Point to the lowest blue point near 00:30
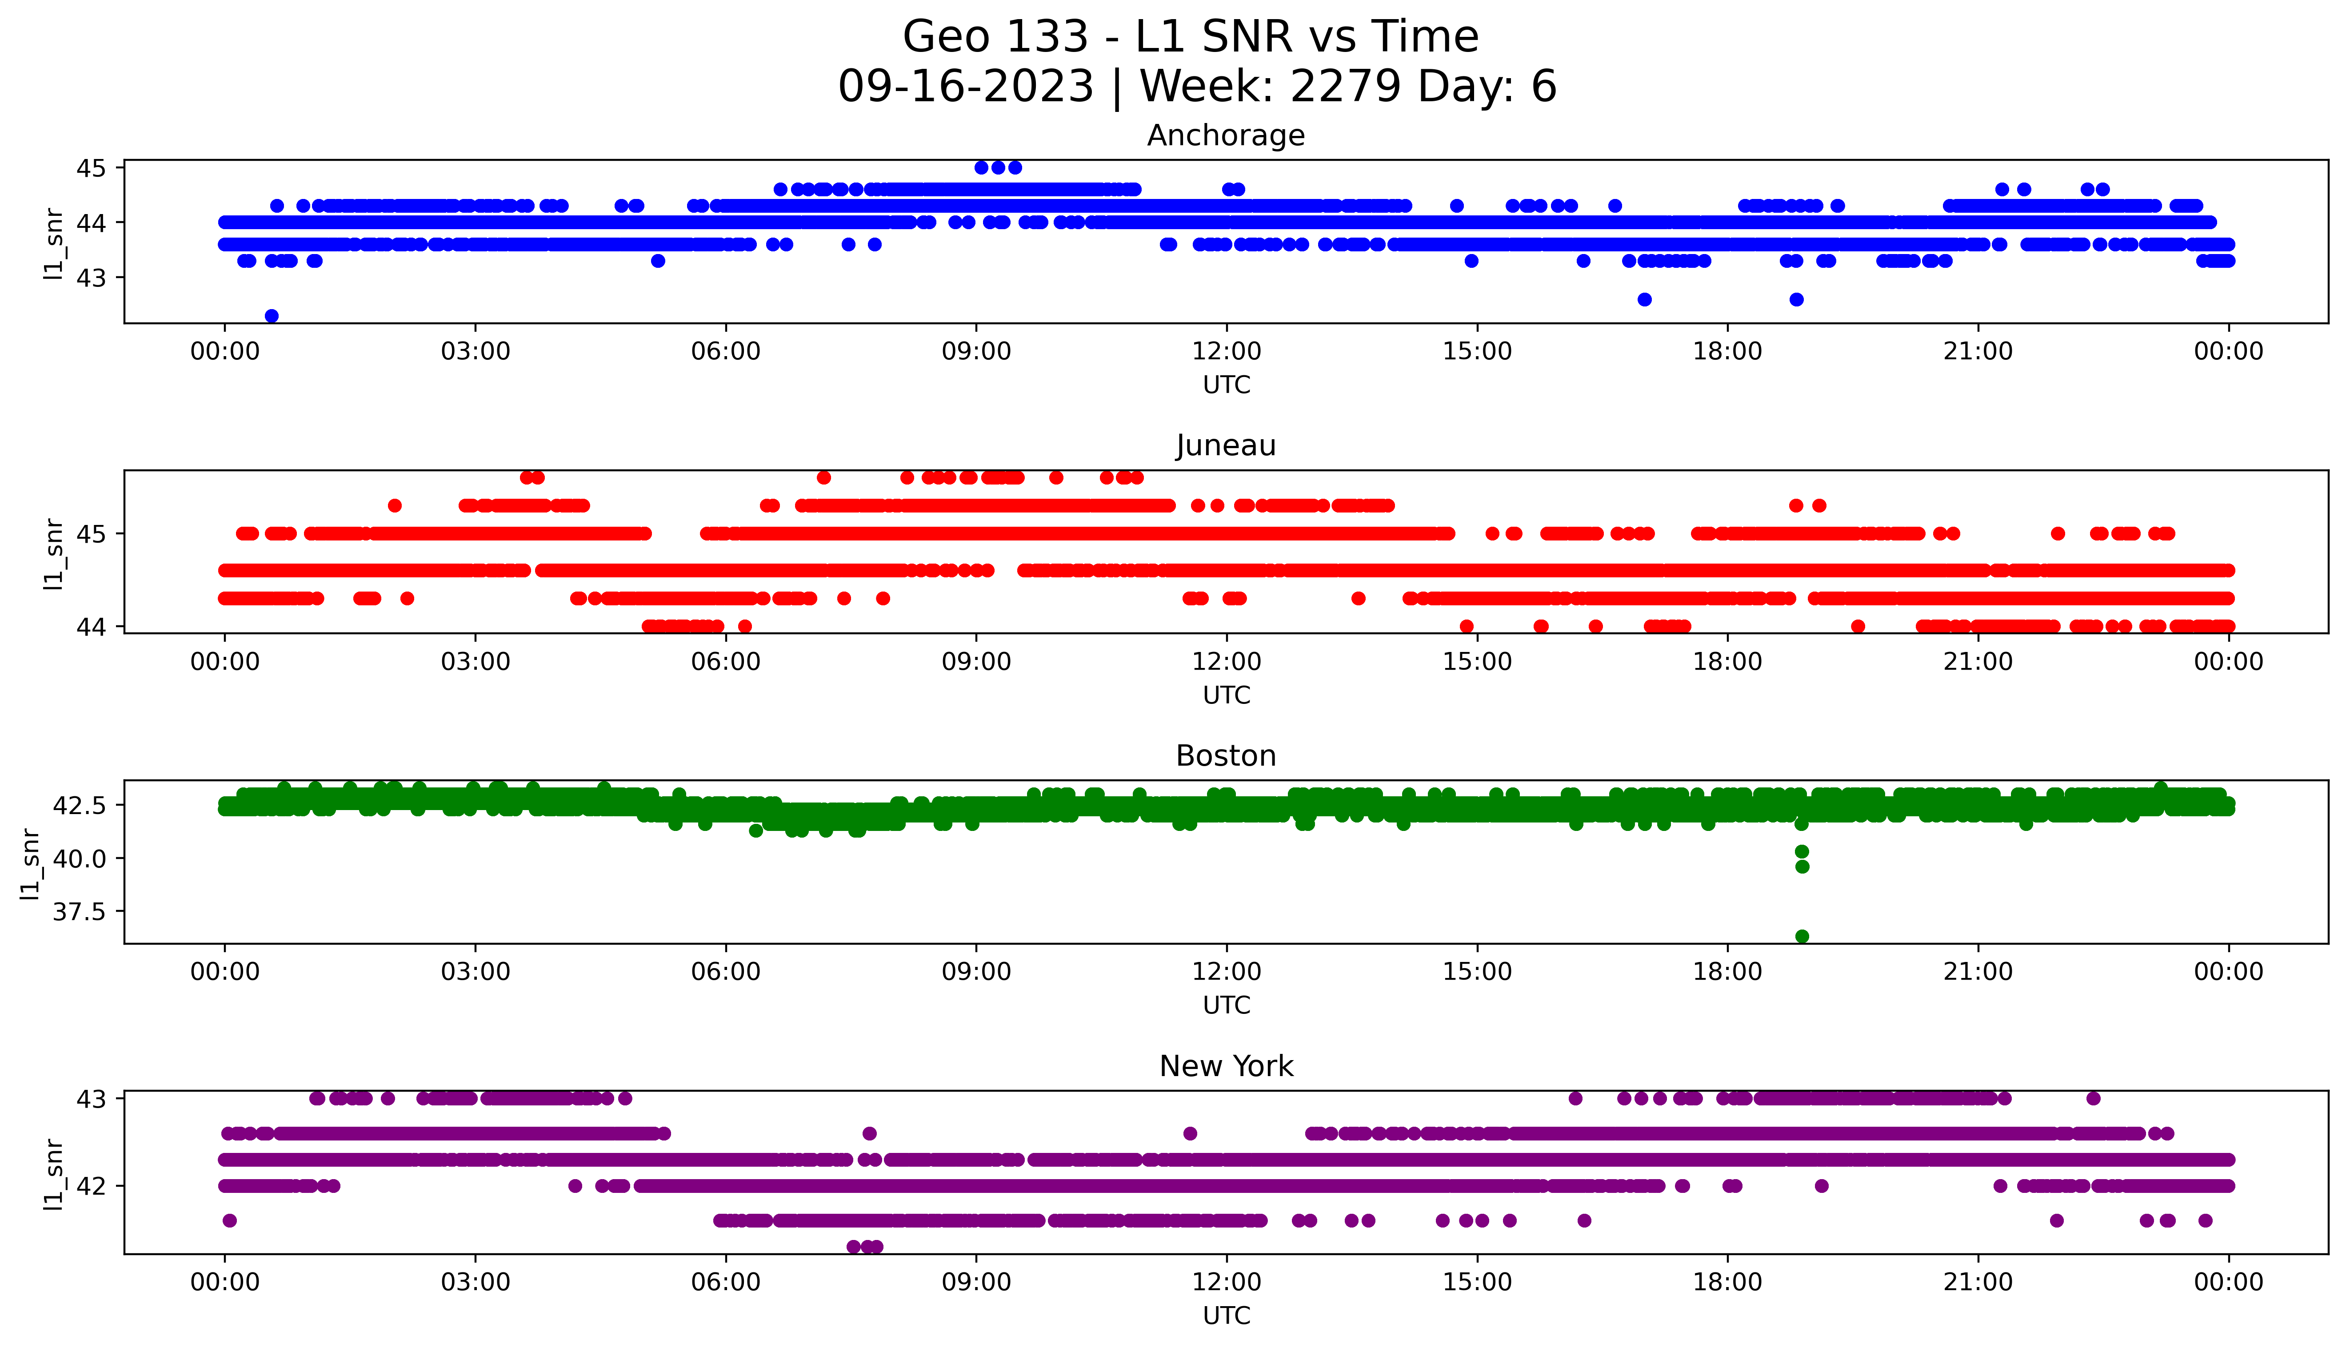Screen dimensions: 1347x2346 tap(271, 315)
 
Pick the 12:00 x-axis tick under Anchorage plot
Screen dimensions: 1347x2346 tap(1226, 352)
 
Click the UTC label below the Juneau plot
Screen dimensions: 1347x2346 tap(1226, 695)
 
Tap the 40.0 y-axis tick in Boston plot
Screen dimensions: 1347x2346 tap(80, 858)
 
